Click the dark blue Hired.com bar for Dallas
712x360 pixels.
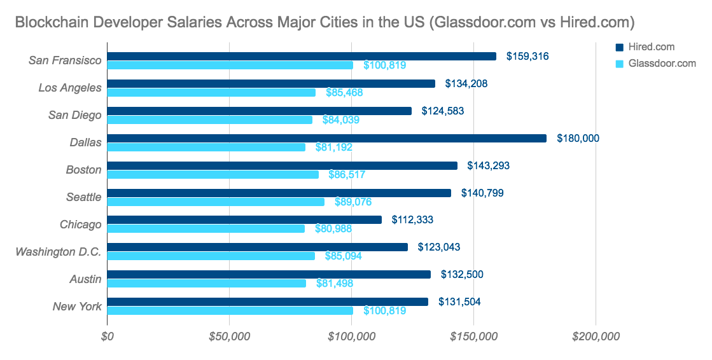[x=326, y=138]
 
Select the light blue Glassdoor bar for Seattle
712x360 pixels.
[x=216, y=202]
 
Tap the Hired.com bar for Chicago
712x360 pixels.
[x=244, y=219]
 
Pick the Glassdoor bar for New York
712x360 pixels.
[x=230, y=310]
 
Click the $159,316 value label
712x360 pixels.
[x=527, y=56]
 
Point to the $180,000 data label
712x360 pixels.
[x=578, y=138]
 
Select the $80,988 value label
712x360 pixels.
[x=333, y=229]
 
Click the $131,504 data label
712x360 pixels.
[x=459, y=301]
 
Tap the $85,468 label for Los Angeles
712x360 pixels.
[x=344, y=93]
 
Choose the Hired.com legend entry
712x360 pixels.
[x=650, y=47]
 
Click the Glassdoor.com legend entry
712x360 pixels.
[x=661, y=64]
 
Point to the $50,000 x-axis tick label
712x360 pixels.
[x=229, y=337]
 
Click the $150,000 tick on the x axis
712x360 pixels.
[x=473, y=337]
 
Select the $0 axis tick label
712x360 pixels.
[x=108, y=337]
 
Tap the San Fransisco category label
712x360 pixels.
[x=65, y=60]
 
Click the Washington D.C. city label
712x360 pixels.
[x=59, y=252]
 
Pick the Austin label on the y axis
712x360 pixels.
[x=85, y=279]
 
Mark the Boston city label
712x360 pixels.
[x=83, y=170]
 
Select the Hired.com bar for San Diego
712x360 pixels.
[x=259, y=111]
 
